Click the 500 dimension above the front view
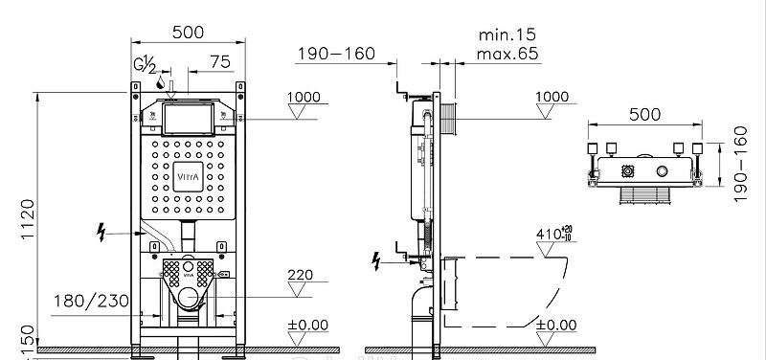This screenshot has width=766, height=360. [188, 33]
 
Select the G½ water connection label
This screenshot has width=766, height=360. [146, 63]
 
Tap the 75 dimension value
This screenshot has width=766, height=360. [220, 62]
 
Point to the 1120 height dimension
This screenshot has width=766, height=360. [28, 218]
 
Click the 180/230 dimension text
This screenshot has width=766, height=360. [91, 301]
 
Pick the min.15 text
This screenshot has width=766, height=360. [507, 34]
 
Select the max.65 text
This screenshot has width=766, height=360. [507, 54]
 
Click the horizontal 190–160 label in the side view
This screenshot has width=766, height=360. [337, 54]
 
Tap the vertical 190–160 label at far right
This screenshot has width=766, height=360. [740, 164]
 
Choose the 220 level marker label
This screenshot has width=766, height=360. [300, 275]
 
